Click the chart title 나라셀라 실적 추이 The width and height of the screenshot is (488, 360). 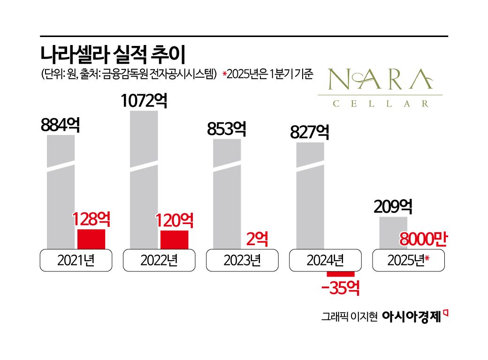(x=113, y=54)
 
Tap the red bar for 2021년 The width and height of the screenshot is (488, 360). (x=91, y=239)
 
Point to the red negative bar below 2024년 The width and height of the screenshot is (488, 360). (x=341, y=274)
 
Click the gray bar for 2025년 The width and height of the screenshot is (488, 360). (x=393, y=232)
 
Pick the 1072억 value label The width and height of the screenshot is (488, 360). (x=144, y=101)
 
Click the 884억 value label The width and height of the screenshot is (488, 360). (x=60, y=125)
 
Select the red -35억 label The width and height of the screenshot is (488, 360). (x=341, y=288)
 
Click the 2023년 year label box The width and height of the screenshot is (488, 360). (x=242, y=261)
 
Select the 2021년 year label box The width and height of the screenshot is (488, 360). (x=76, y=261)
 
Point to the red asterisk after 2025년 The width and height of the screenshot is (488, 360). (x=427, y=258)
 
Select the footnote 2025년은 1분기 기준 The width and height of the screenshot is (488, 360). (x=268, y=75)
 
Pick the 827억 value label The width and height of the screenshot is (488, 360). (x=309, y=132)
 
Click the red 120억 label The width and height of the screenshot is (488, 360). (x=174, y=220)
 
